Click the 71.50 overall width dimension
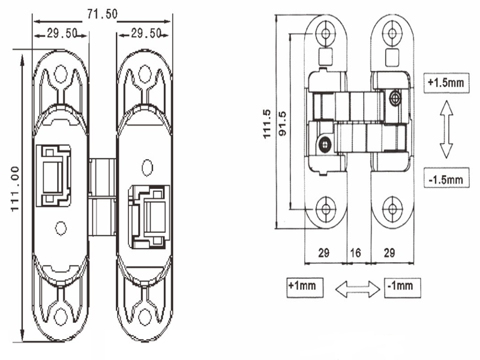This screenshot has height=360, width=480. pyautogui.click(x=102, y=14)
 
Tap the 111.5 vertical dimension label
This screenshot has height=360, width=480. pyautogui.click(x=267, y=124)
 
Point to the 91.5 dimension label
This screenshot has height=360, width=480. pyautogui.click(x=282, y=124)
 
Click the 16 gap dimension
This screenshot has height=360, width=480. pyautogui.click(x=355, y=254)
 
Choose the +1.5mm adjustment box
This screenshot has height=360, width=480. pyautogui.click(x=446, y=83)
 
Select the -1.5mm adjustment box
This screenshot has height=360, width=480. pyautogui.click(x=446, y=178)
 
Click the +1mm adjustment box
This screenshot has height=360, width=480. pyautogui.click(x=305, y=287)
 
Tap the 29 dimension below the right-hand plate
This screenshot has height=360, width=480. pyautogui.click(x=389, y=254)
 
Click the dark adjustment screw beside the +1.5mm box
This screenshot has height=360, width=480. pyautogui.click(x=395, y=98)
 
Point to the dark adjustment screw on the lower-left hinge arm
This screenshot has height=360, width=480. pyautogui.click(x=325, y=143)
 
